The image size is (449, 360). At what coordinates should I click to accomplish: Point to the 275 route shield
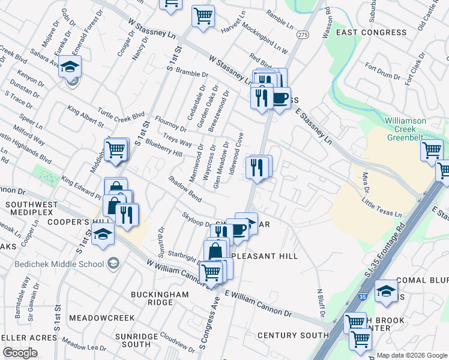coord(302,36)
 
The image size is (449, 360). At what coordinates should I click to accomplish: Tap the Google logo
coord(20,353)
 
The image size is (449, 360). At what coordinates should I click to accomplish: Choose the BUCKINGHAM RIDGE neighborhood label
coord(160,299)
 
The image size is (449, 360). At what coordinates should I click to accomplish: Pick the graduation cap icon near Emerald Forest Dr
coord(70,68)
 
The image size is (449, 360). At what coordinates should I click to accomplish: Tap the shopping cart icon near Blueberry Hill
coord(116,149)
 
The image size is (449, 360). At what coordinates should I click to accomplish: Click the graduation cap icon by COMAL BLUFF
coord(386,292)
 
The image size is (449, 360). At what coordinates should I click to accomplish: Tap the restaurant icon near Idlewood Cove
coord(258,167)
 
